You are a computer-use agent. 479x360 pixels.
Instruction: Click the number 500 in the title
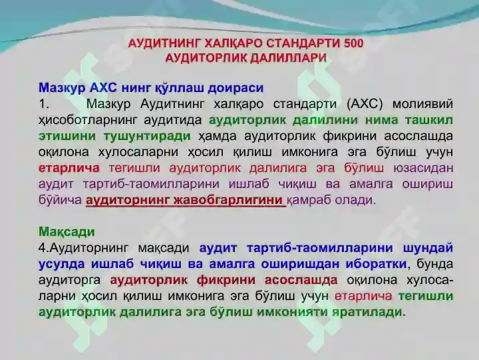point(353,43)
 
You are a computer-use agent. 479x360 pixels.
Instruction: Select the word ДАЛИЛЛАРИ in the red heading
point(288,58)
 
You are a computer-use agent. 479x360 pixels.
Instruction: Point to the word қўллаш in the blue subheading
point(180,88)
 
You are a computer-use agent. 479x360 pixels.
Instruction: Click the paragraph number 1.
point(44,104)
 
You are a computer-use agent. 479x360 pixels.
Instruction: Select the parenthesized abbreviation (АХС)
point(365,104)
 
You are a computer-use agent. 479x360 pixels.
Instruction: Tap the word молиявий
point(422,104)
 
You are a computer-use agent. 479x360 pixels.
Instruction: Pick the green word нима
point(382,120)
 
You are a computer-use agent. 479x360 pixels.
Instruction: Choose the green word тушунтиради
point(147,136)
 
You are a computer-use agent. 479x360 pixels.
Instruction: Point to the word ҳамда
point(217,136)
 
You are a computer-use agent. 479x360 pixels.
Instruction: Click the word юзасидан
point(423,168)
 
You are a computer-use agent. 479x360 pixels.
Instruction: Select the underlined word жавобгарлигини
point(228,200)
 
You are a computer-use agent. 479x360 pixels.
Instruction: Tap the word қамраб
point(308,200)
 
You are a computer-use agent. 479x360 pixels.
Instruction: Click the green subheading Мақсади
point(67,232)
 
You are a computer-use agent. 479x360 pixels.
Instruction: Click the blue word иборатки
point(376,264)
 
